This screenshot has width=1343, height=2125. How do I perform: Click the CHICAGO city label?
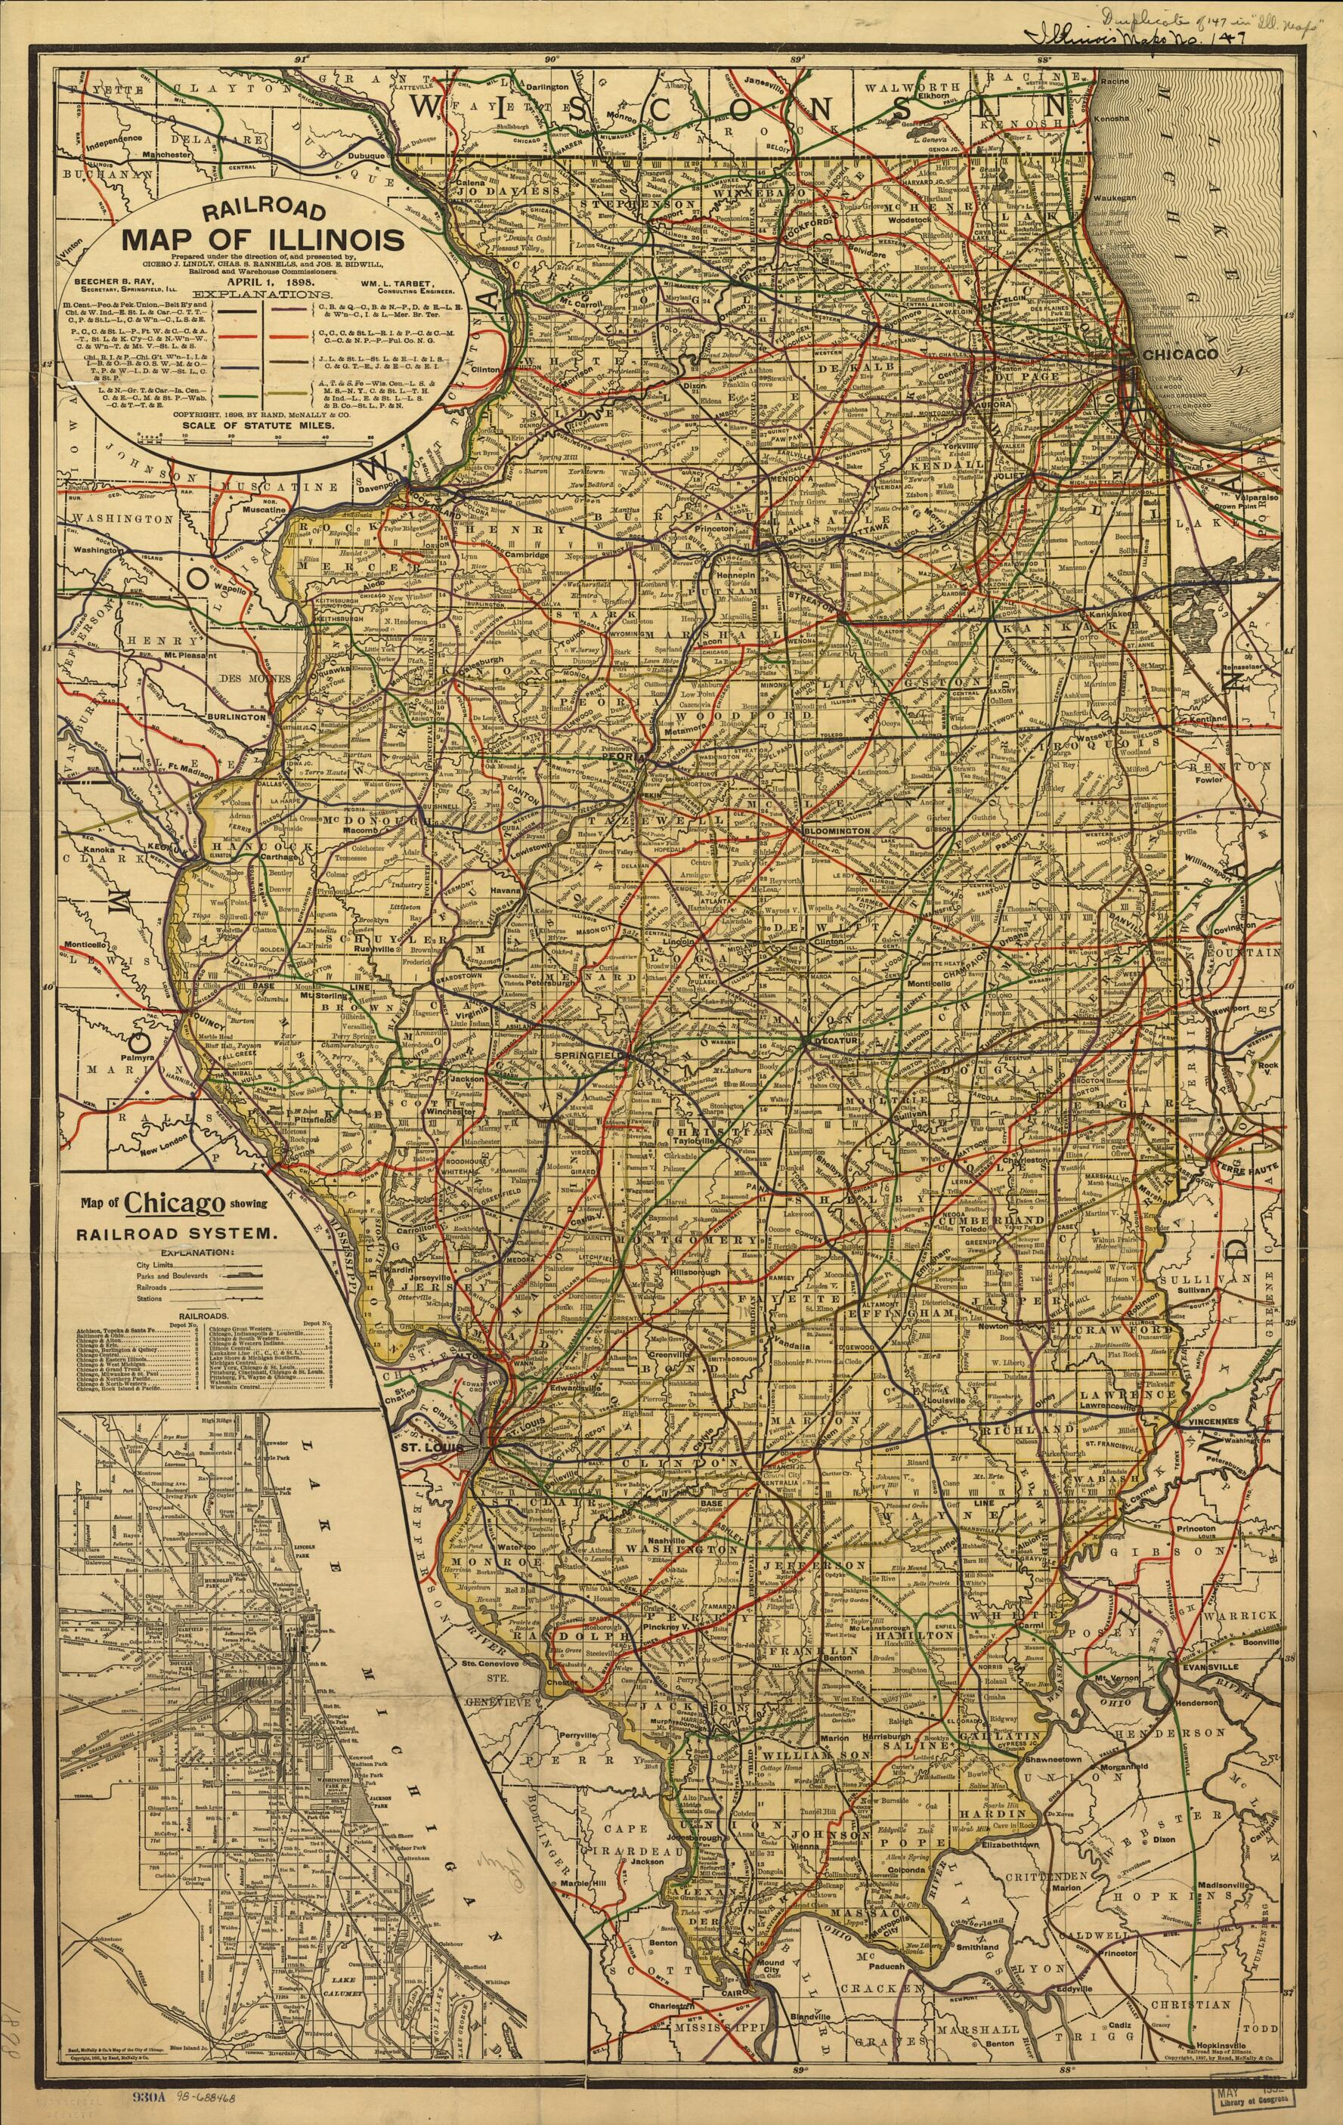pos(1180,353)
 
